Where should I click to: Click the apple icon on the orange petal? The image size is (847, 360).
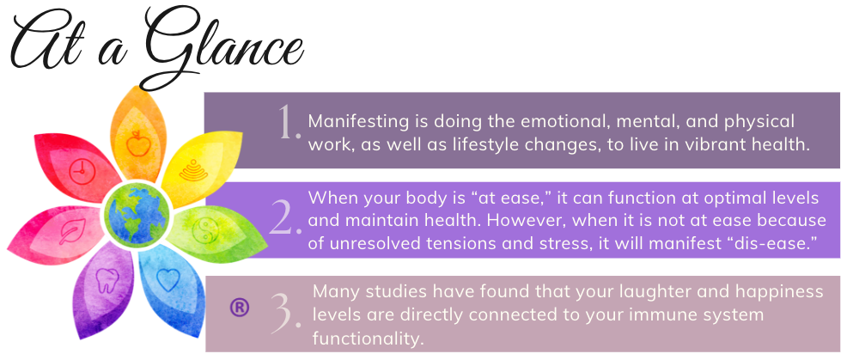click(137, 144)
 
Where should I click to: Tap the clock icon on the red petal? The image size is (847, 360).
click(82, 172)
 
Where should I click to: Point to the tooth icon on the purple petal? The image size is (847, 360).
click(107, 280)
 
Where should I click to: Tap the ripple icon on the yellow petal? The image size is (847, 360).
click(192, 169)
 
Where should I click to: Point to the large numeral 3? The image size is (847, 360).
click(286, 314)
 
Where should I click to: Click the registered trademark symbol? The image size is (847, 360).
click(240, 308)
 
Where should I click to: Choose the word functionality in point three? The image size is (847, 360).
click(366, 339)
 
